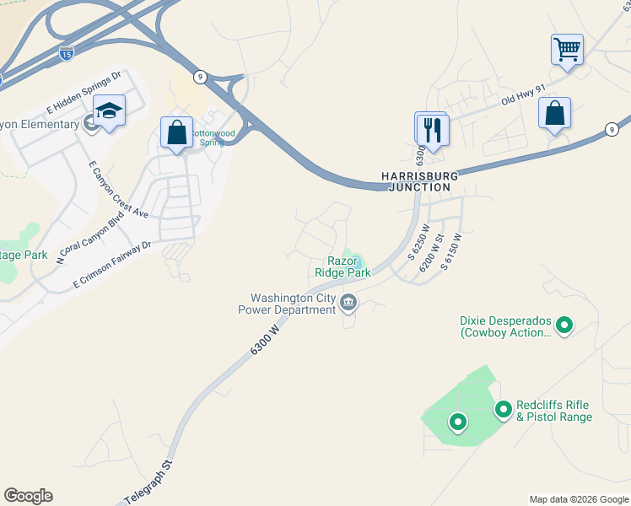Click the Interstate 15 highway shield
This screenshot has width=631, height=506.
coord(67,52)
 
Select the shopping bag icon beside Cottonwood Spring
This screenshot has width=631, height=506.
coord(176,132)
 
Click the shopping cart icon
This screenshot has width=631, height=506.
coord(567,48)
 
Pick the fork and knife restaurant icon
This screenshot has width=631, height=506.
coord(433,129)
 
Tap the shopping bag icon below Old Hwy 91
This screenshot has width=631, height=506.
coord(554,114)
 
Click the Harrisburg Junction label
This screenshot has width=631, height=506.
coord(418,181)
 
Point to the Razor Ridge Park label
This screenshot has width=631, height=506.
coord(342,267)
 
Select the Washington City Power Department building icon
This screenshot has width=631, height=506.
coord(348,302)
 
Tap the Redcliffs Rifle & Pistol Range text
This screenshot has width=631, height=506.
coord(554,412)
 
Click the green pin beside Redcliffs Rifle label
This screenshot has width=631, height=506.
coord(504,410)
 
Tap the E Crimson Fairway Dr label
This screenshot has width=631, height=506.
coord(111,266)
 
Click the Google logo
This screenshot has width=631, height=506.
coord(28,495)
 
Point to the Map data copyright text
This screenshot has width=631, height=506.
coord(578,499)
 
